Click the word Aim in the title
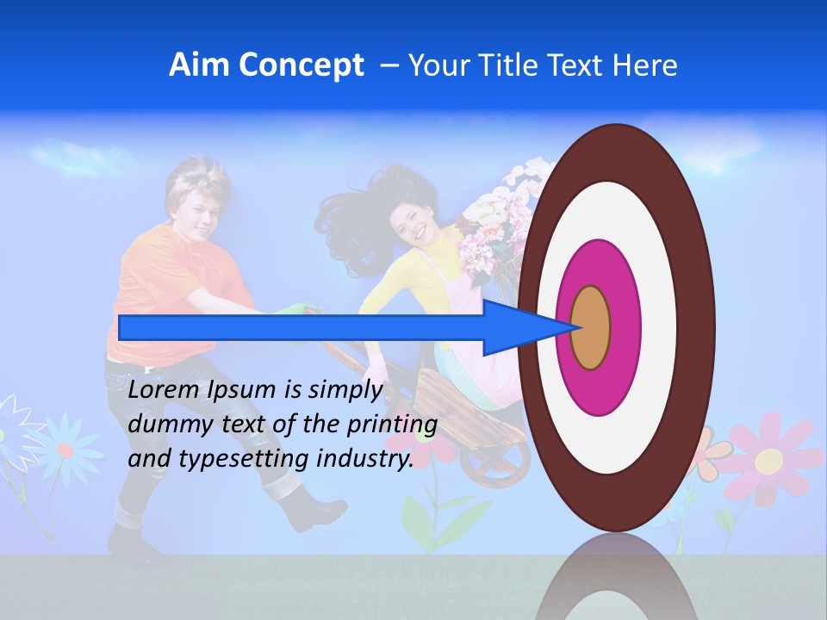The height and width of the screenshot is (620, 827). [x=200, y=65]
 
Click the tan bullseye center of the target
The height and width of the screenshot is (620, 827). [x=591, y=328]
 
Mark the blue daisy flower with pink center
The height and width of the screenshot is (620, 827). [x=65, y=449]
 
